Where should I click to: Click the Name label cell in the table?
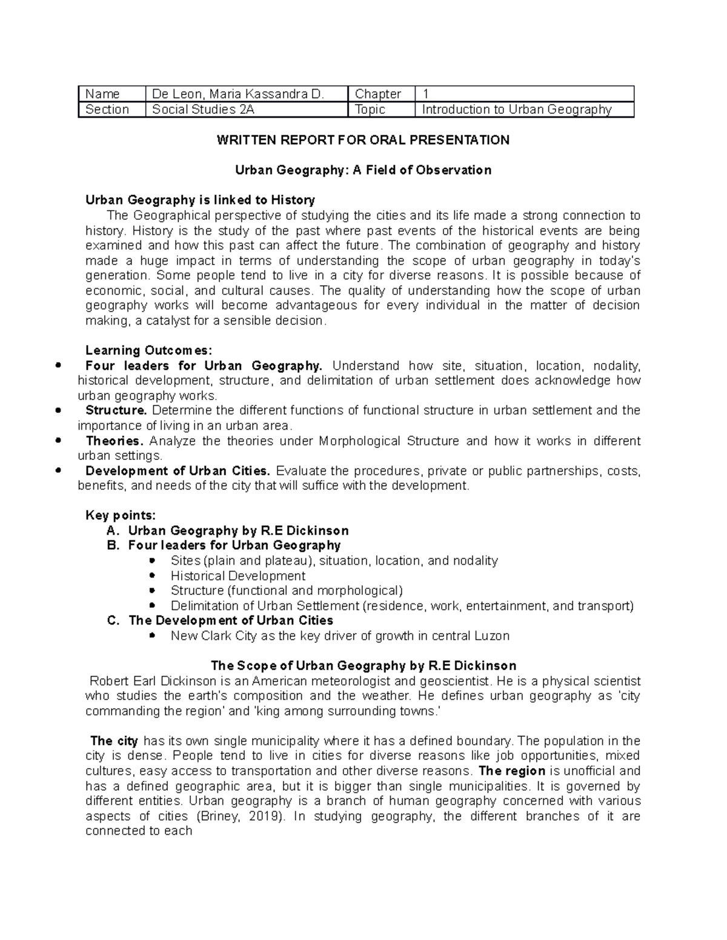tap(102, 94)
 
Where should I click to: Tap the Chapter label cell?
tap(378, 94)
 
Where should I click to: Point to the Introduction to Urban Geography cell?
tap(517, 110)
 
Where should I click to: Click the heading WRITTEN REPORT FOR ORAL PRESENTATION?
tap(363, 140)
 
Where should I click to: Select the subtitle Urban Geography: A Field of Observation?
tap(363, 170)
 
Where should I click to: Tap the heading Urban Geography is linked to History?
tap(200, 200)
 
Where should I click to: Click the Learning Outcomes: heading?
tap(149, 350)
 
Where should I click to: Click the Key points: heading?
tap(121, 516)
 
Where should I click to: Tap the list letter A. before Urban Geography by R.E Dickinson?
tap(111, 531)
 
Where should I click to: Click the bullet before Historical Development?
tap(152, 576)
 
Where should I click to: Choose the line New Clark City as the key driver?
tap(340, 636)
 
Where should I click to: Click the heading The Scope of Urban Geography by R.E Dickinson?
tap(363, 666)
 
